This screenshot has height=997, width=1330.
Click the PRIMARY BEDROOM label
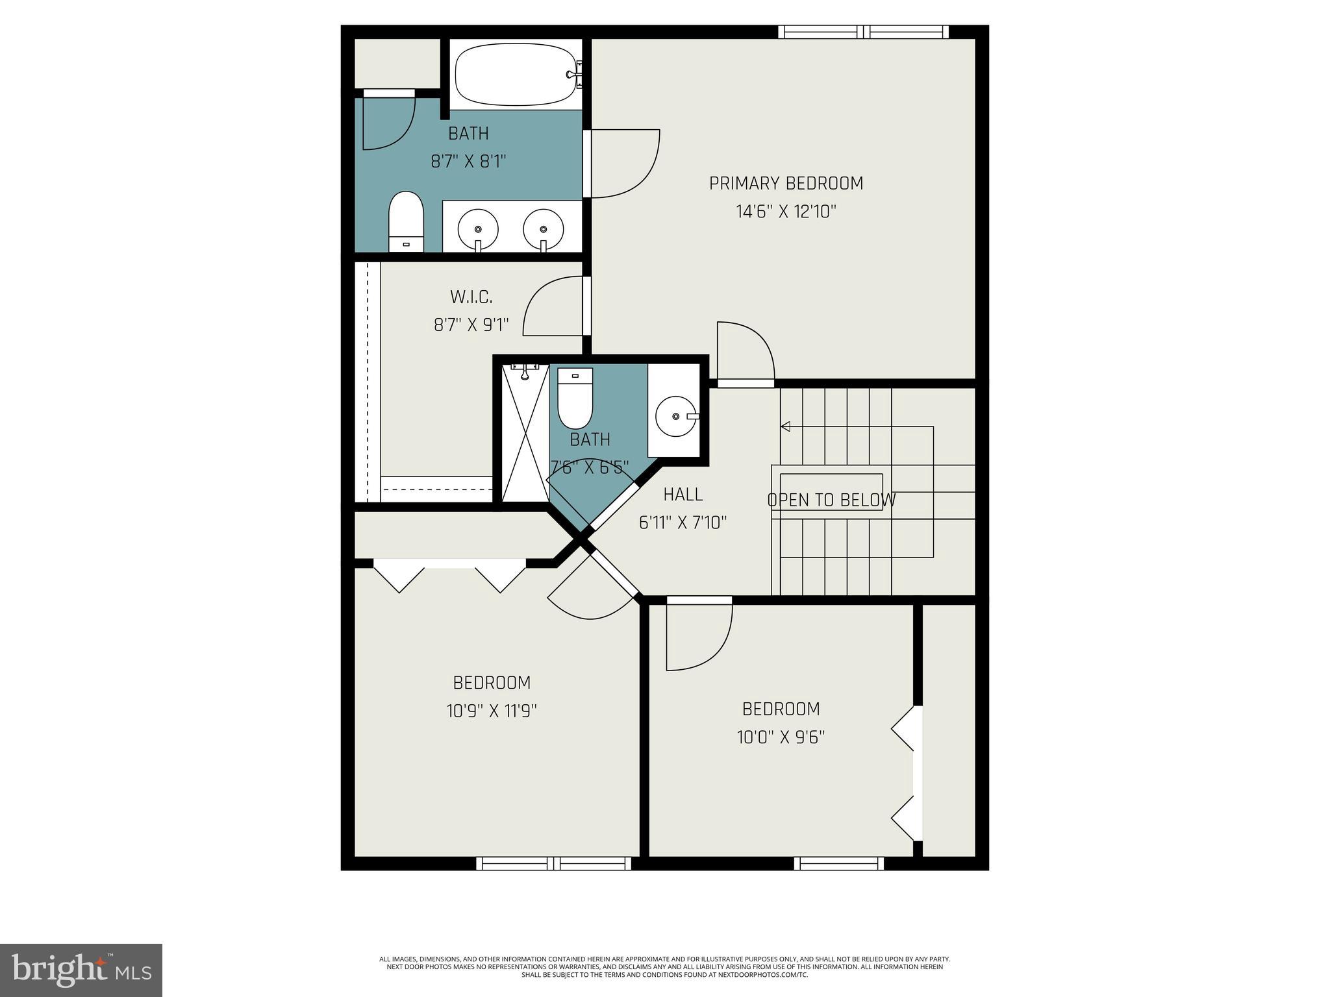(786, 184)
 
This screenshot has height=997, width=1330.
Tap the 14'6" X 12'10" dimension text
(786, 212)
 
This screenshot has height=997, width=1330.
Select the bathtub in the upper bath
(517, 74)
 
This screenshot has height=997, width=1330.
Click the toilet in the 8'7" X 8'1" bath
(406, 221)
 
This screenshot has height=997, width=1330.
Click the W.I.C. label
(471, 297)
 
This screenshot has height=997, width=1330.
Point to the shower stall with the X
(525, 435)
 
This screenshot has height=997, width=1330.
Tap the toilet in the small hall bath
(575, 397)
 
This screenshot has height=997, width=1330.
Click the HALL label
(683, 495)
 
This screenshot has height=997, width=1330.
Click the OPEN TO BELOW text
(831, 500)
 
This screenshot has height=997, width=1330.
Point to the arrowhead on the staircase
(785, 426)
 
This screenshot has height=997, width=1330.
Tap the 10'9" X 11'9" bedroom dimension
(492, 711)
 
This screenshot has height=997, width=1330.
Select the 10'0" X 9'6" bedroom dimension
(781, 737)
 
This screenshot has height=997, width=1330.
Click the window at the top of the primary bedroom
(863, 32)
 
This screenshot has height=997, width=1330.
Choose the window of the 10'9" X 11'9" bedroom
(553, 863)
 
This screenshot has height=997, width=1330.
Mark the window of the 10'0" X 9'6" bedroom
(838, 863)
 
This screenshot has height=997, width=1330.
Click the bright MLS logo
(81, 970)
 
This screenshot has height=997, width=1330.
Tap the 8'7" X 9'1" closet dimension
(471, 325)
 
